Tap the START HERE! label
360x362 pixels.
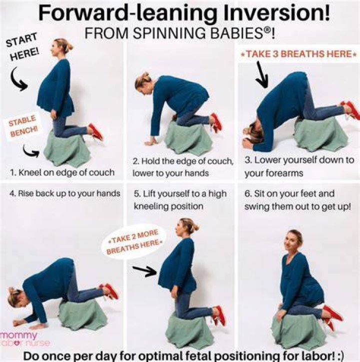(x=22, y=47)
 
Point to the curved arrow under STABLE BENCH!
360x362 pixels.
(x=31, y=151)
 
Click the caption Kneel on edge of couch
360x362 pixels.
(x=62, y=172)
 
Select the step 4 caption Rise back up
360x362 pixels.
(x=65, y=193)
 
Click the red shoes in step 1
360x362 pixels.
(x=96, y=132)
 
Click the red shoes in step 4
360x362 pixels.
(x=109, y=291)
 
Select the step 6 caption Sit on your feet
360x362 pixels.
(x=289, y=193)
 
